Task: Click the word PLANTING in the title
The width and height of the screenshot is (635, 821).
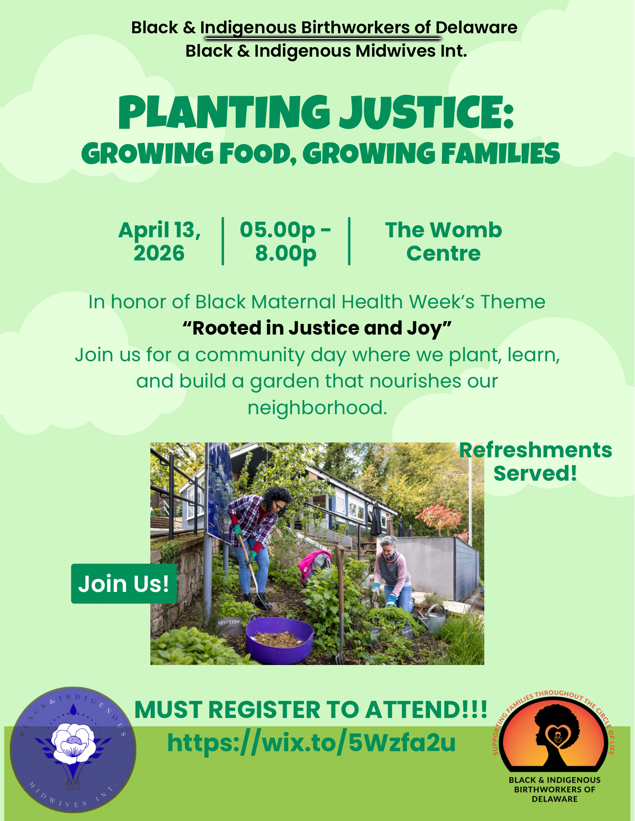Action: (x=224, y=112)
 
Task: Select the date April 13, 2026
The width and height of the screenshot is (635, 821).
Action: (x=159, y=241)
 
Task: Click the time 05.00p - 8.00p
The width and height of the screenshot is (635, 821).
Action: (x=285, y=241)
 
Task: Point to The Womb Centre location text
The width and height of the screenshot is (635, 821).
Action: (x=443, y=241)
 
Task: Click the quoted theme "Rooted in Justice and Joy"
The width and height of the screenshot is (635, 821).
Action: (x=317, y=328)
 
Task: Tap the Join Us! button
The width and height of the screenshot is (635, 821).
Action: (x=124, y=583)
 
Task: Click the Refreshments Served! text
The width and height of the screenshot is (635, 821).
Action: (x=535, y=462)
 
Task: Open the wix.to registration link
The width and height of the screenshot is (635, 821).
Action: (x=311, y=743)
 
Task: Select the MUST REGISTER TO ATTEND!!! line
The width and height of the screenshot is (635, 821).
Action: (x=311, y=710)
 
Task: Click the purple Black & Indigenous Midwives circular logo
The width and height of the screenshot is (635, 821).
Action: (x=73, y=749)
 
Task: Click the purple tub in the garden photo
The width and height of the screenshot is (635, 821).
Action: (x=279, y=640)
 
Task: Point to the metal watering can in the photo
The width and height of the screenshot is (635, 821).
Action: (x=433, y=618)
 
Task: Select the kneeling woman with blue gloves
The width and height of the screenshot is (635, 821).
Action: (x=392, y=571)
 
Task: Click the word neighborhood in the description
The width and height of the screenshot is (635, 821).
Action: (x=317, y=408)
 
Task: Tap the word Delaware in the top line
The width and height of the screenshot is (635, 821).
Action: (x=476, y=28)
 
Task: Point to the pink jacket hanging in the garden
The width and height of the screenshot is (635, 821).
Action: (x=315, y=562)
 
